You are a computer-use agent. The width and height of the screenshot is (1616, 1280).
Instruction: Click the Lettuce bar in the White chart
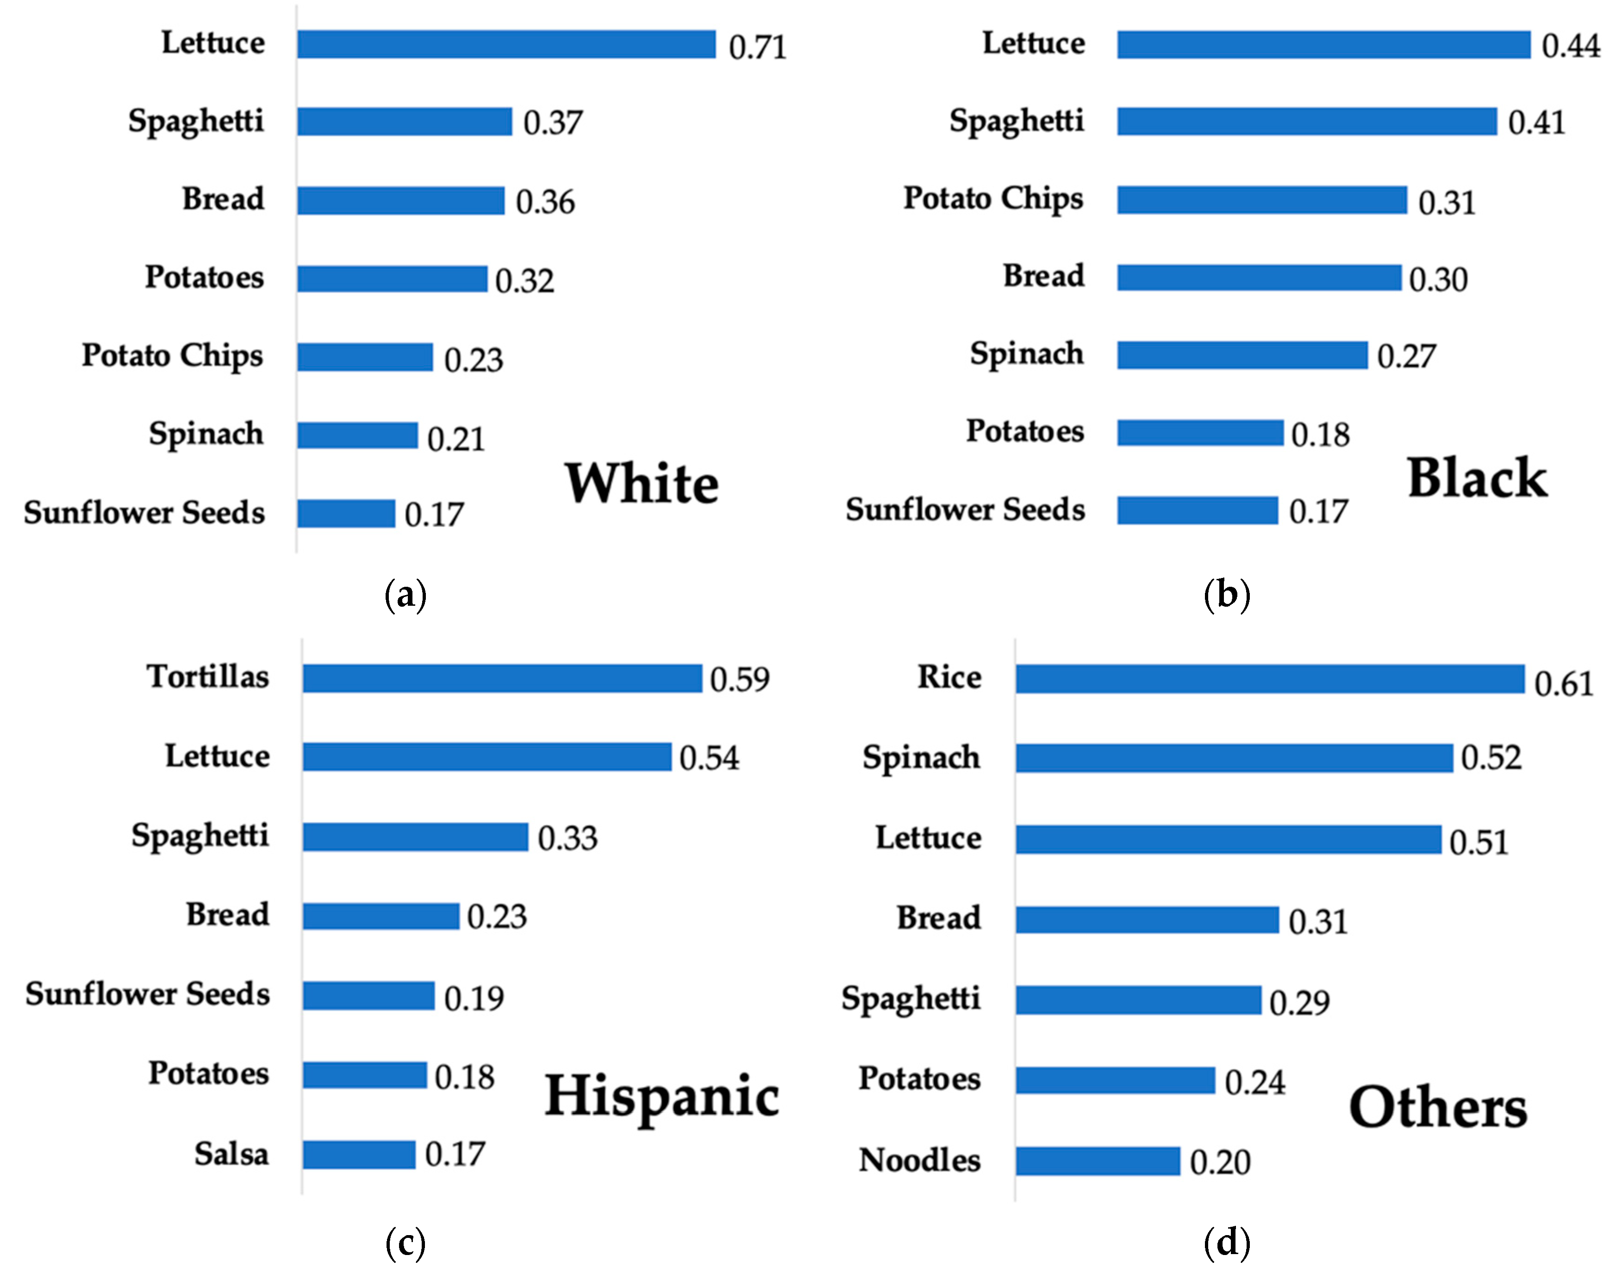tap(506, 44)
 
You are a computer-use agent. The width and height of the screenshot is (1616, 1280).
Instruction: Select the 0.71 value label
tap(757, 47)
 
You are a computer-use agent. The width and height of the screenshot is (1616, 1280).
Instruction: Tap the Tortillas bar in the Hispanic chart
tap(502, 678)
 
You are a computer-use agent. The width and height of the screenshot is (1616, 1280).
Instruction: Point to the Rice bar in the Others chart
tap(1270, 679)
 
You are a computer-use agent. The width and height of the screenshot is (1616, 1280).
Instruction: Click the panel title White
tap(642, 484)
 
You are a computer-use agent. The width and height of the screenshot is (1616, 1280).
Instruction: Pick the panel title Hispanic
tap(662, 1096)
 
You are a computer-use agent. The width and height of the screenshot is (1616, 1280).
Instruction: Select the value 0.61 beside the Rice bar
tap(1563, 683)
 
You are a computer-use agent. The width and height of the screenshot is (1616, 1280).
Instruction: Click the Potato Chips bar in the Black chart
tap(1261, 200)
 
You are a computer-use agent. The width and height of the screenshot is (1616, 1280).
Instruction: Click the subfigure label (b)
tap(1226, 595)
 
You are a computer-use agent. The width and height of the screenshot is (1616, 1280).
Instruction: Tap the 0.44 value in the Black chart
tap(1570, 46)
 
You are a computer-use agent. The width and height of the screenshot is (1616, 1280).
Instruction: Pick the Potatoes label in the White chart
tap(205, 277)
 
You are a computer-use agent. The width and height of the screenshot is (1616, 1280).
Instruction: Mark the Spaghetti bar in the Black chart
tap(1306, 121)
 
